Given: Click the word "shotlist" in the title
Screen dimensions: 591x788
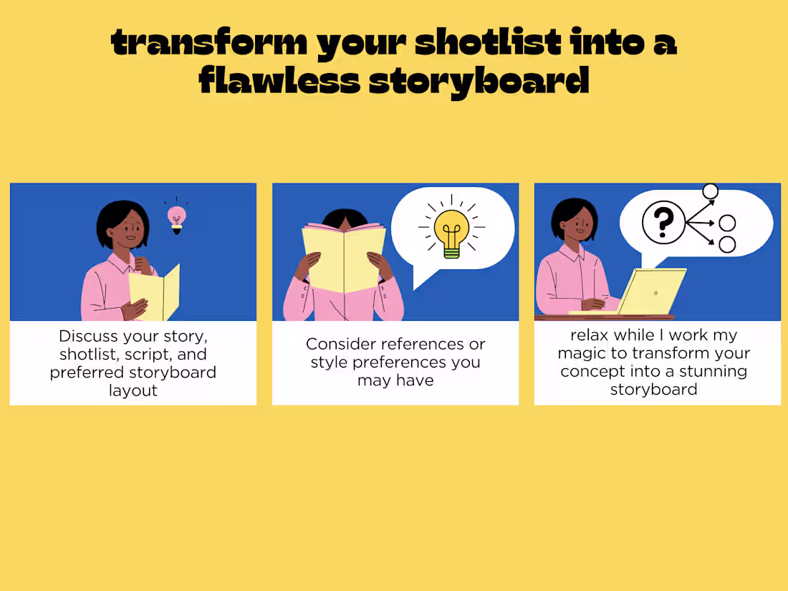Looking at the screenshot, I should (x=489, y=44).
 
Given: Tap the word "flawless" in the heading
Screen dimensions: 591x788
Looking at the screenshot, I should (x=279, y=80).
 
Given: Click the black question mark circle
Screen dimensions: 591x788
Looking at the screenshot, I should (x=663, y=222).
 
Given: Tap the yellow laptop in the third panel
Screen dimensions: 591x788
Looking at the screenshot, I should (x=648, y=292).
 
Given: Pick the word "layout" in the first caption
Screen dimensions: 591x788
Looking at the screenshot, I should (x=133, y=390).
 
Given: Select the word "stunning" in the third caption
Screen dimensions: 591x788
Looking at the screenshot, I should (x=709, y=371).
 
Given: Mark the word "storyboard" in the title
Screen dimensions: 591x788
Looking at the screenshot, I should (x=479, y=80).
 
